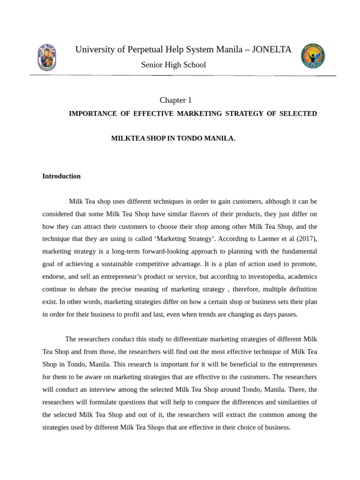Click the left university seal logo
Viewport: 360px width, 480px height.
47,57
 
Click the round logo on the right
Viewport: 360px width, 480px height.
313,56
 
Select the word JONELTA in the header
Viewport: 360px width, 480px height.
272,50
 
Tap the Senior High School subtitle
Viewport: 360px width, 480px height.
173,65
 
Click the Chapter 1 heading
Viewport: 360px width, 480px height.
176,100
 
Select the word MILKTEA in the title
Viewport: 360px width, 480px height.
127,139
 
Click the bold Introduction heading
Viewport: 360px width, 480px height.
61,176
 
